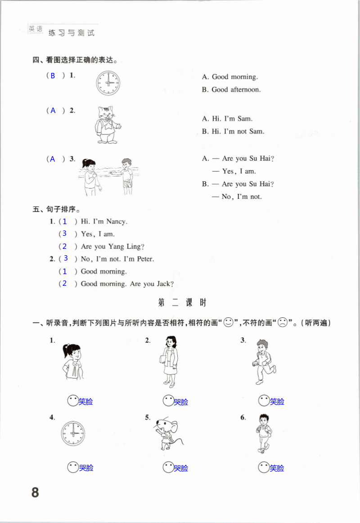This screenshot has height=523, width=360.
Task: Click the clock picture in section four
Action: (108, 83)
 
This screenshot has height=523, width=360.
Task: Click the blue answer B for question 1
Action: (53, 76)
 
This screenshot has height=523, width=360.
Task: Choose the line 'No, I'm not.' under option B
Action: (242, 196)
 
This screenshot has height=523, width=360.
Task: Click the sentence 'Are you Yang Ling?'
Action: (112, 246)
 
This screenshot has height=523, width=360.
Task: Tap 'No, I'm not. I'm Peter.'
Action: (117, 259)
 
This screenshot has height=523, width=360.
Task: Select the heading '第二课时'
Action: (182, 303)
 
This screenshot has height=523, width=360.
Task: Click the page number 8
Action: (35, 492)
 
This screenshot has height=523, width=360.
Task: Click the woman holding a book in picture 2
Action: (170, 361)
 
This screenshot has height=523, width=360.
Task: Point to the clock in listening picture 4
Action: (72, 433)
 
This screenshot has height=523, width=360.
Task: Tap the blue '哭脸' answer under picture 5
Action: (181, 468)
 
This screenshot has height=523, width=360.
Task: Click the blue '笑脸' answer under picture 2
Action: (181, 401)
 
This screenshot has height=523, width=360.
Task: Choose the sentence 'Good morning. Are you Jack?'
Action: (127, 284)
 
